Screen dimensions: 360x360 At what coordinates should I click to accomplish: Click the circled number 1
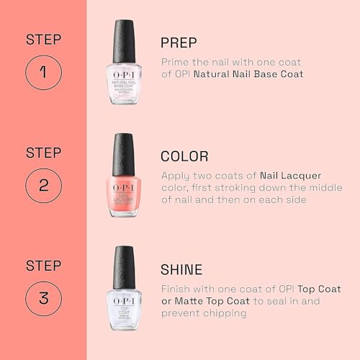tap(43, 72)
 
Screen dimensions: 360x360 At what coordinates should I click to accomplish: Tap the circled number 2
tap(43, 185)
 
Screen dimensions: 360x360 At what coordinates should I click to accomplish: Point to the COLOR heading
tap(185, 156)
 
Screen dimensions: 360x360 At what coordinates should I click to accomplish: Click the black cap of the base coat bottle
tap(124, 38)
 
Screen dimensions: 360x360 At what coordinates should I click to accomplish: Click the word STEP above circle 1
tap(43, 39)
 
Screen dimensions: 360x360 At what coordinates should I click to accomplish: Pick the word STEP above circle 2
tap(43, 153)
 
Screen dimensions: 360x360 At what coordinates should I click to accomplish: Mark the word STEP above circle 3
tap(43, 266)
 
